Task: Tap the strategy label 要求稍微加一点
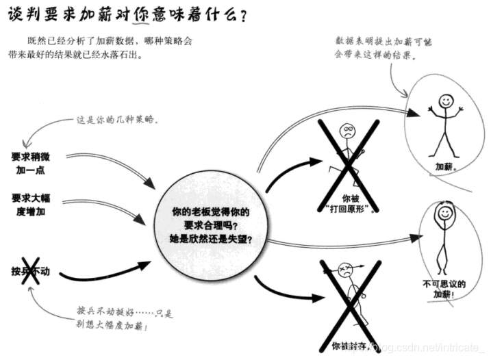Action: click(x=32, y=163)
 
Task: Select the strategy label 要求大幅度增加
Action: click(x=32, y=205)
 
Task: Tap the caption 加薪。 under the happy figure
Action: click(x=446, y=166)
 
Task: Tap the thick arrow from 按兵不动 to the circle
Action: click(x=103, y=274)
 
